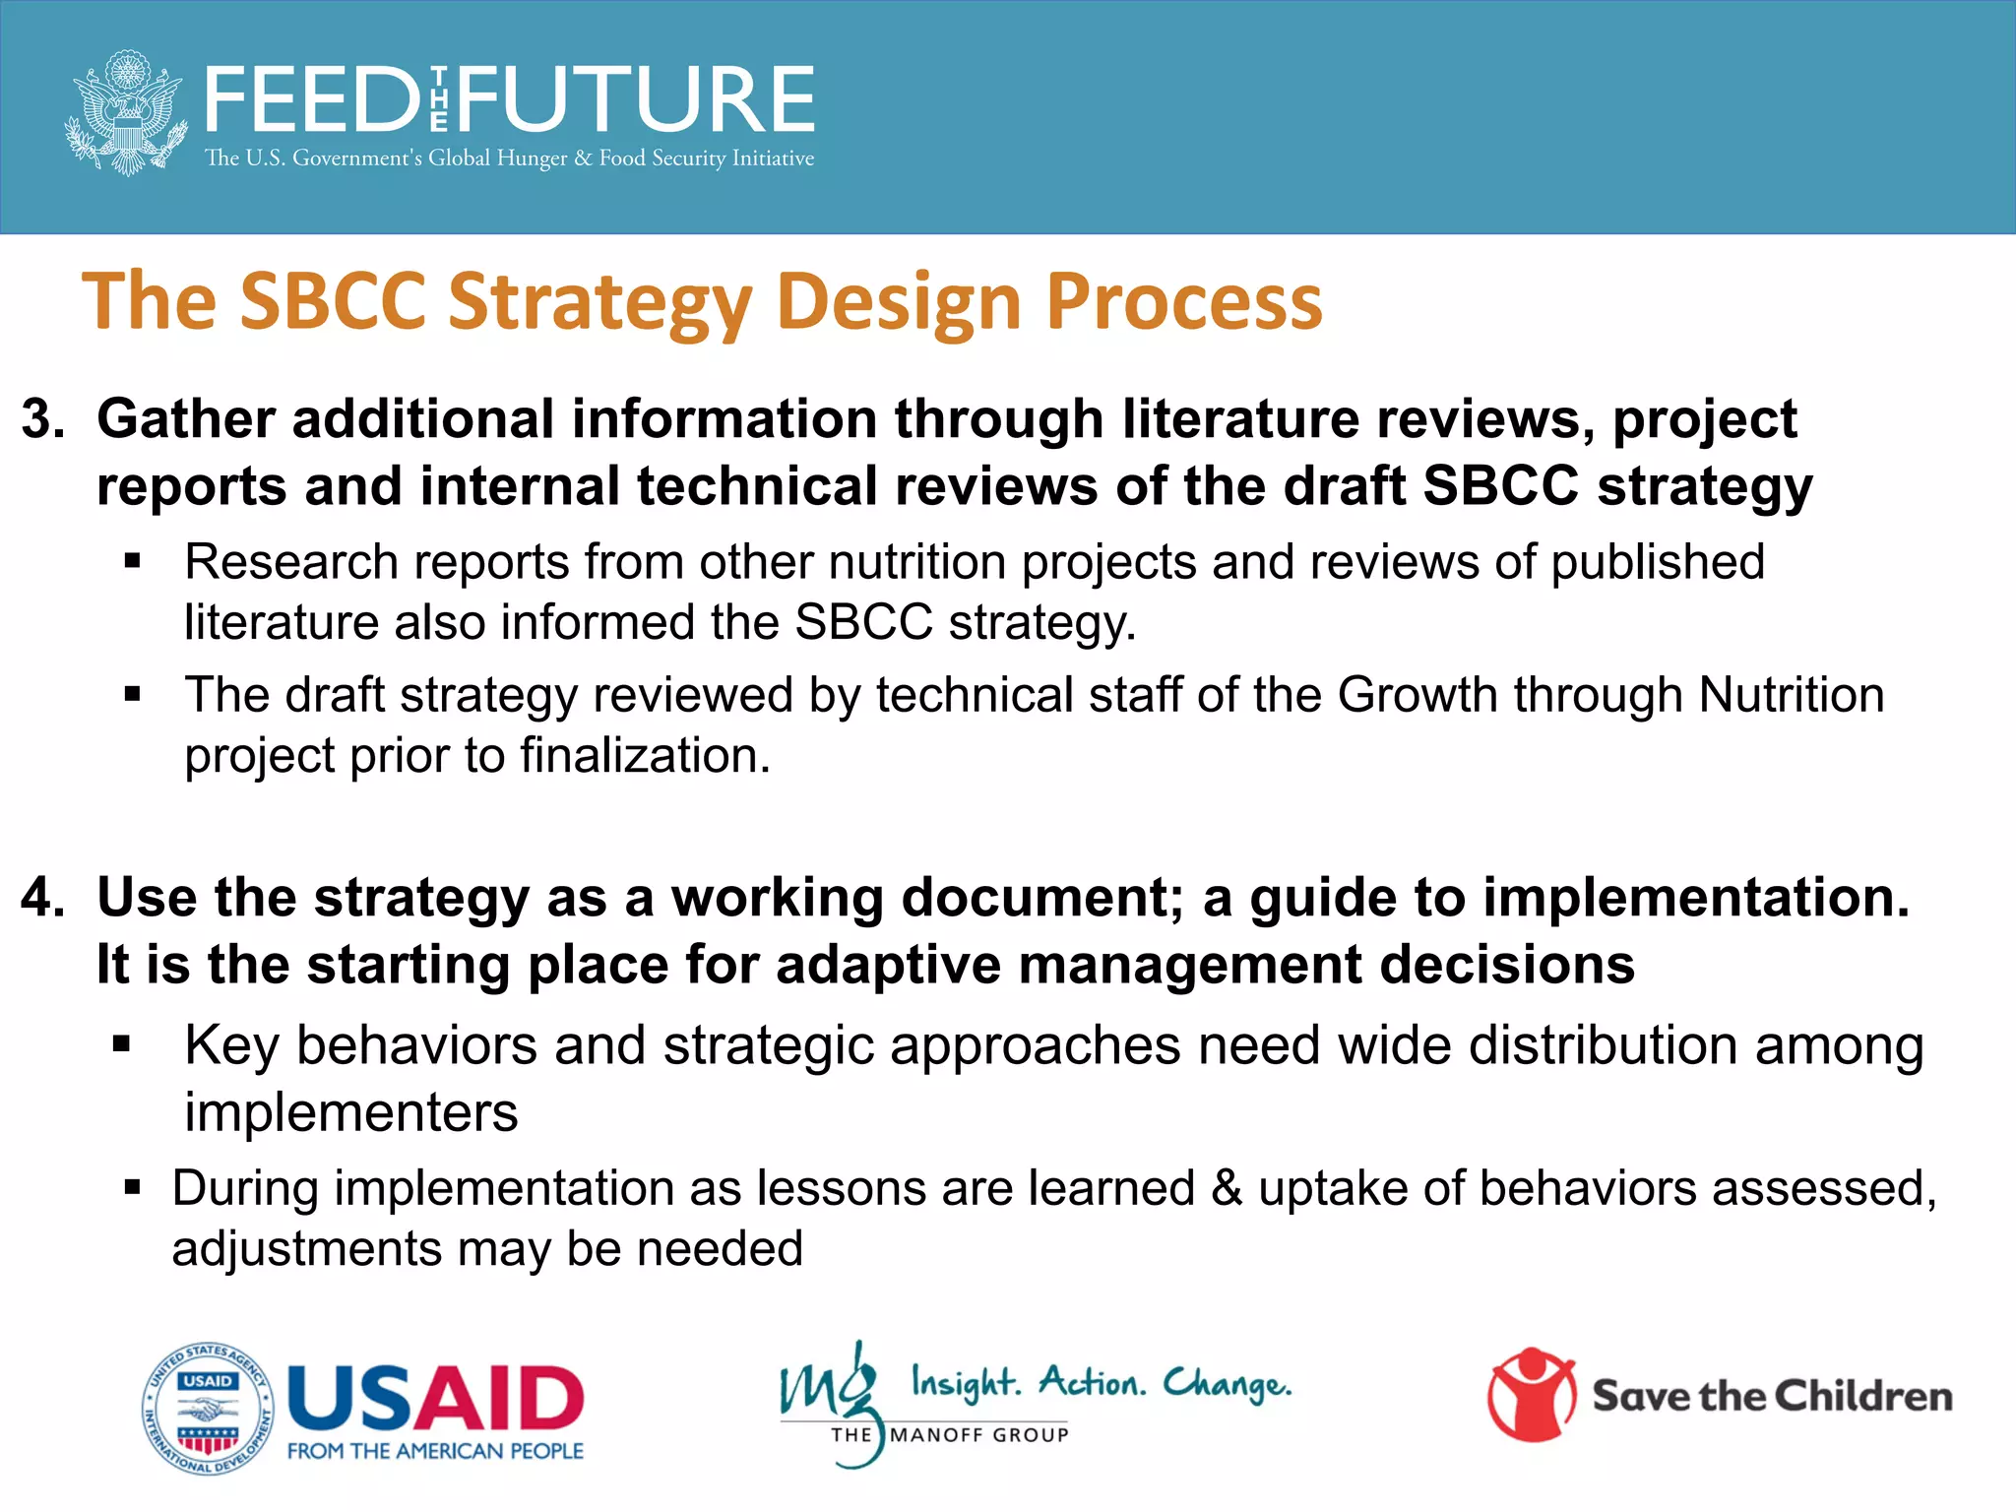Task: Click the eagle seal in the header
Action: [126, 112]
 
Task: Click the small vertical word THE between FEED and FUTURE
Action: [439, 99]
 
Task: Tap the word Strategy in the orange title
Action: [601, 302]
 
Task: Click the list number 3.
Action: [42, 420]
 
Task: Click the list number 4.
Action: [42, 899]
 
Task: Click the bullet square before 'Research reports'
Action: [133, 562]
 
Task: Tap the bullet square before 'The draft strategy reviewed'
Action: [133, 695]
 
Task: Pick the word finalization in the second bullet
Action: [644, 757]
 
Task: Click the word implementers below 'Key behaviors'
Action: [350, 1113]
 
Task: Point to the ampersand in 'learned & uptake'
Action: [1227, 1188]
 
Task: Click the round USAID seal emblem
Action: [207, 1409]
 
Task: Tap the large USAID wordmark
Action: [435, 1398]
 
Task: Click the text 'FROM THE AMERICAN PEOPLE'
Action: [435, 1451]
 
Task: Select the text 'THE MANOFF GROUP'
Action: [950, 1435]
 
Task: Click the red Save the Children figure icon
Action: [1532, 1394]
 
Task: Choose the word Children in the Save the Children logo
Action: [1863, 1397]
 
